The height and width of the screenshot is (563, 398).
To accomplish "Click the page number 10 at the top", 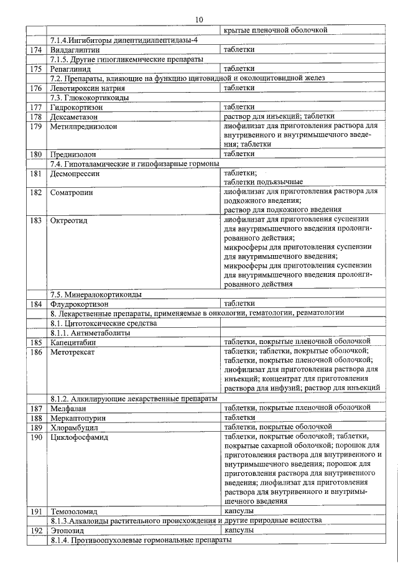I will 198,20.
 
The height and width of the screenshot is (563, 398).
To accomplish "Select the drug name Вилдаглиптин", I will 75,49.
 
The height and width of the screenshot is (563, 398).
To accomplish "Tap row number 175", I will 35,68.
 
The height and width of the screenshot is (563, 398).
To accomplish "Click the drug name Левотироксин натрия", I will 83,88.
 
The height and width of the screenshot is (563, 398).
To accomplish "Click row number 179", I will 35,126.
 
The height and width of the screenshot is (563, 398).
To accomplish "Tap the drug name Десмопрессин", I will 75,174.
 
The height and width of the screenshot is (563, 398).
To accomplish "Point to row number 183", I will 35,220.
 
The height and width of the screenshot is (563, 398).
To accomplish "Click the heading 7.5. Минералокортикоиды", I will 96,294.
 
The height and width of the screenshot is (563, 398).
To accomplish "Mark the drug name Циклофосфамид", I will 79,437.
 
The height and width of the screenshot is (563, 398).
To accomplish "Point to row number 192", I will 35,531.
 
